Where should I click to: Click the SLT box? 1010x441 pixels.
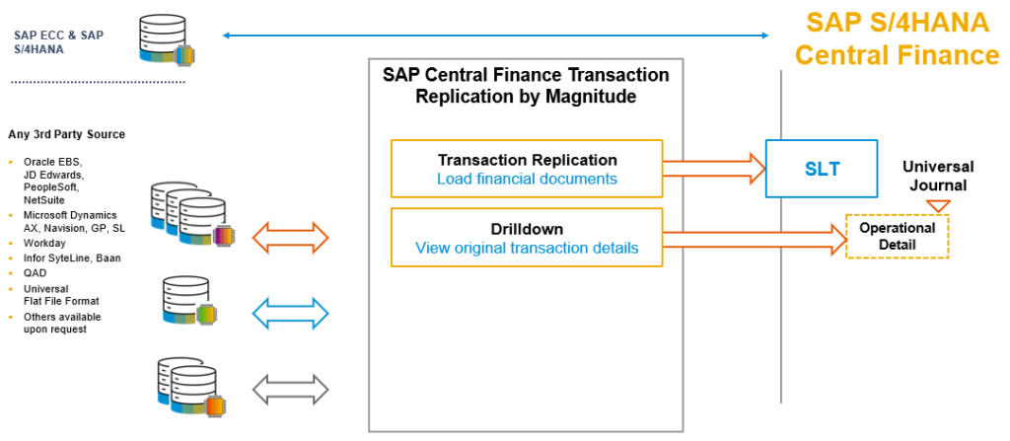coord(822,169)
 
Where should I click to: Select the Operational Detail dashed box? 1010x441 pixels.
coord(897,237)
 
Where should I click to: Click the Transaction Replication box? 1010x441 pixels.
coord(527,169)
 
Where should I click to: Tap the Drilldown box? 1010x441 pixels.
coord(527,238)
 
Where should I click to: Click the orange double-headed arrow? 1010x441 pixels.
coord(291,237)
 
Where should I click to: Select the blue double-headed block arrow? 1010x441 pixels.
coord(291,314)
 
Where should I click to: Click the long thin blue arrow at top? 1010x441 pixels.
coord(496,36)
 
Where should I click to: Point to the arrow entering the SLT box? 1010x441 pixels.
coord(713,168)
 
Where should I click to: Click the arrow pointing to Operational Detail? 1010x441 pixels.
coord(754,237)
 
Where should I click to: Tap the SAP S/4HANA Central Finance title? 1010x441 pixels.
coord(897,37)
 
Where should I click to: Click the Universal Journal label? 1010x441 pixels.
coord(937,175)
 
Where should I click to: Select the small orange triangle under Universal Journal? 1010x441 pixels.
coord(938,205)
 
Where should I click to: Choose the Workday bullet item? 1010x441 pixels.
coord(45,243)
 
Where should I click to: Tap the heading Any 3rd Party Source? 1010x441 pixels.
coord(66,134)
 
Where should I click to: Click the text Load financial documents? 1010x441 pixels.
coord(527,179)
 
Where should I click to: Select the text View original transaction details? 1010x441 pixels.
coord(527,248)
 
